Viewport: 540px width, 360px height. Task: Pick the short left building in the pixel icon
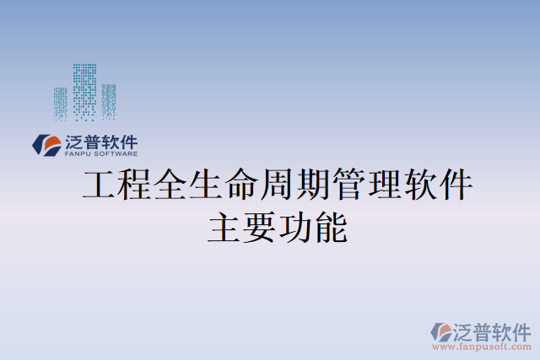61,103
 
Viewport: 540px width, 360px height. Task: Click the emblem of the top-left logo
45,144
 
